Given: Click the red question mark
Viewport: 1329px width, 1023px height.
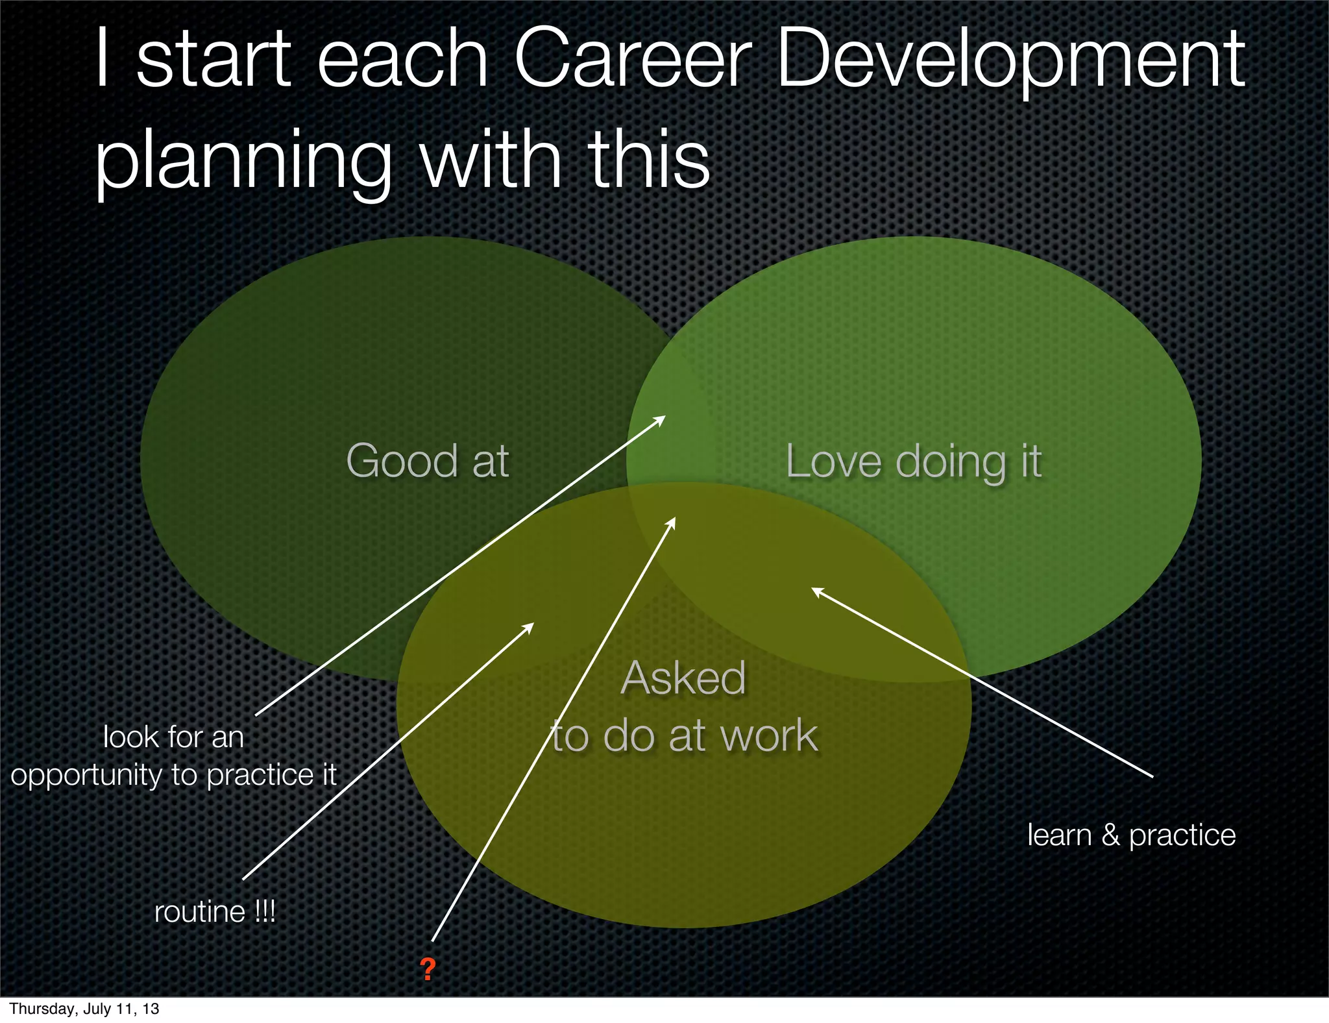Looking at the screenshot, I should tap(427, 969).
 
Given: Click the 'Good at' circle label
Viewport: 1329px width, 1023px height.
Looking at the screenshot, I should tap(428, 461).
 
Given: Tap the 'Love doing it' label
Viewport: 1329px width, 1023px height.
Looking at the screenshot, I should tap(914, 462).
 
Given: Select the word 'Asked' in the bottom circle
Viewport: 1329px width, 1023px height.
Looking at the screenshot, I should tap(683, 678).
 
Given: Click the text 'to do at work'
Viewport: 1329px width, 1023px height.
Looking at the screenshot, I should tap(685, 736).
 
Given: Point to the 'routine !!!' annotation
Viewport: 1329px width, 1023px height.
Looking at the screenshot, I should tap(215, 912).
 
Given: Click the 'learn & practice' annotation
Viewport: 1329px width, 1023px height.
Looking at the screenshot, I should tap(1131, 835).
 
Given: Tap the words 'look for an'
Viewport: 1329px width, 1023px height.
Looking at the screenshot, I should tap(173, 737).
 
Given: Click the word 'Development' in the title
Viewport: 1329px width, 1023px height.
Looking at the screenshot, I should tap(1010, 62).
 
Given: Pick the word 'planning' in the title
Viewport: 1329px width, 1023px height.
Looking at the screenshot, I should tap(243, 162).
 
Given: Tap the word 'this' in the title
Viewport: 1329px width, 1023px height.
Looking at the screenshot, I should tap(649, 159).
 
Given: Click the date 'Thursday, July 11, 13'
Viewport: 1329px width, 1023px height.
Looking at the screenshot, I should tap(84, 1009).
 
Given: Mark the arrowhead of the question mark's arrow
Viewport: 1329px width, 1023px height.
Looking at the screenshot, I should tap(673, 521).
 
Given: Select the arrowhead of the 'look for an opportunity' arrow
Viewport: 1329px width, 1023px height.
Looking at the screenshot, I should tap(661, 419).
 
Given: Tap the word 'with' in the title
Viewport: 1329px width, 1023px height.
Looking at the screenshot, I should tap(491, 159).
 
